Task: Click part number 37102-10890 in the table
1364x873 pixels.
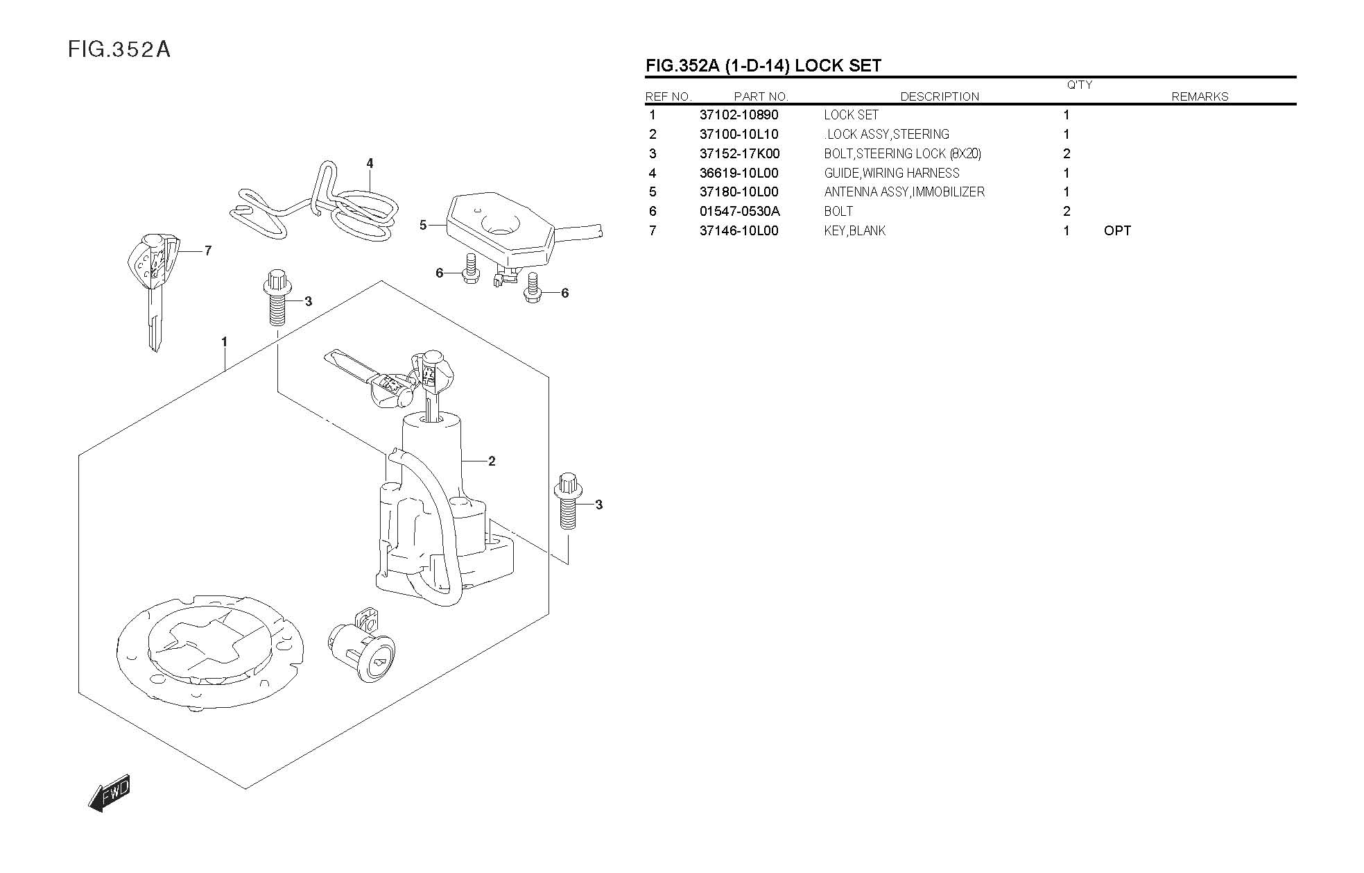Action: [x=739, y=115]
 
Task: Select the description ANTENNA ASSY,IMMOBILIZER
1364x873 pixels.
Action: [x=904, y=192]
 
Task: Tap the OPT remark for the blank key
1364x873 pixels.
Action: [x=1116, y=231]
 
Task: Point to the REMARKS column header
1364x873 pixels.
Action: [x=1199, y=97]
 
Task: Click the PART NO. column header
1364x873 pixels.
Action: [x=761, y=97]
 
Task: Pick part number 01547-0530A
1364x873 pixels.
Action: [x=739, y=212]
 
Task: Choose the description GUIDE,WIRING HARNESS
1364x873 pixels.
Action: [x=891, y=173]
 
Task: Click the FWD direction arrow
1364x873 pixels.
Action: [x=110, y=793]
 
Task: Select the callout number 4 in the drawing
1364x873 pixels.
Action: [x=370, y=164]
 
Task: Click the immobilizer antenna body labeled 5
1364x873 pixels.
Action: [x=499, y=226]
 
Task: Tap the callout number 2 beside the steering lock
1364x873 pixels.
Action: [x=492, y=461]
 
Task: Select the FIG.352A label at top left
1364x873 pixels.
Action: [x=119, y=50]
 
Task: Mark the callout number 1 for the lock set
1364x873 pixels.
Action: [x=224, y=342]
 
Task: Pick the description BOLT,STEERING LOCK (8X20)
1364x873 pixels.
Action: [x=902, y=154]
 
